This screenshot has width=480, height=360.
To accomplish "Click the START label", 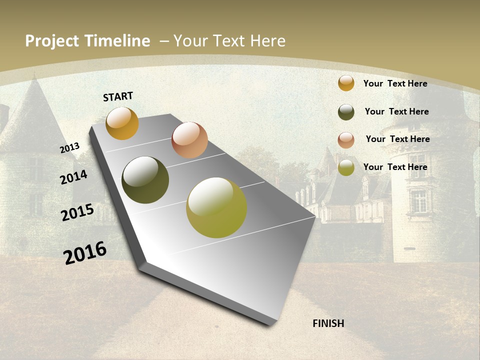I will point(118,96).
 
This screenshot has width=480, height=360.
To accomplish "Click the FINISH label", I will point(328,323).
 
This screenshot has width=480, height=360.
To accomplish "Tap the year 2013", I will point(69,148).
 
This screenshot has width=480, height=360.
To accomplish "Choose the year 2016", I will point(85,253).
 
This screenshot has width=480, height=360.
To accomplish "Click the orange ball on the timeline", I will point(122,123).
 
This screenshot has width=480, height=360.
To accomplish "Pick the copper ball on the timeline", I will point(189,140).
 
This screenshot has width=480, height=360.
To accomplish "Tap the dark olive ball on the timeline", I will point(145,180).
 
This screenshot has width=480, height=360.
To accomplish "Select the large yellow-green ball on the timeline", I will point(216,207).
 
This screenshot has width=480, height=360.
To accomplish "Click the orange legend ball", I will point(346,83).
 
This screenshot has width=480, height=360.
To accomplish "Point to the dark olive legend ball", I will point(346,112).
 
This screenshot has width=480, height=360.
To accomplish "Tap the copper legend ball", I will point(346,140).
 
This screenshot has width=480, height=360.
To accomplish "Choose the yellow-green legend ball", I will point(346,167).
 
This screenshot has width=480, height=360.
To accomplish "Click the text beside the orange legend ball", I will point(395,83).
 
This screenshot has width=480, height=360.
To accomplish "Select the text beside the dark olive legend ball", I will point(396,111).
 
